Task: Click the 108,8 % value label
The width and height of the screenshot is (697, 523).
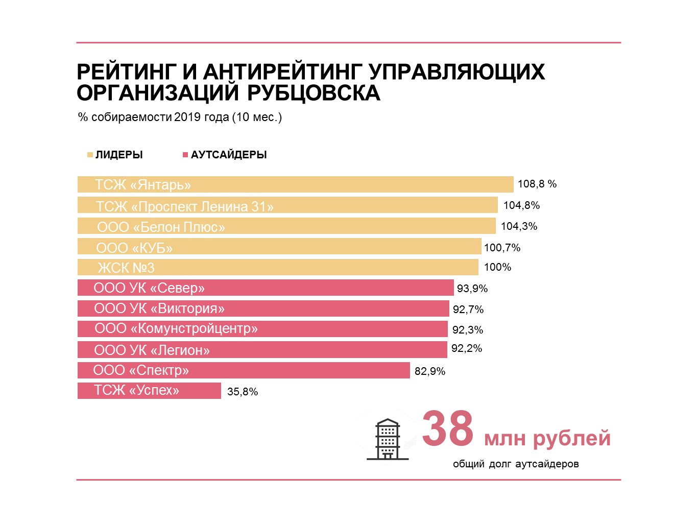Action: point(537,184)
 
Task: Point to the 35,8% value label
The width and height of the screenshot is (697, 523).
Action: point(243,392)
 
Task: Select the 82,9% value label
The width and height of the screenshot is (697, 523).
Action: point(429,371)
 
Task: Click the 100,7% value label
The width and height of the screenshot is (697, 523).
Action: point(502,248)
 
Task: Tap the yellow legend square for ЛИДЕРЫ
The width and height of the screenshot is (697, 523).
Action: point(90,155)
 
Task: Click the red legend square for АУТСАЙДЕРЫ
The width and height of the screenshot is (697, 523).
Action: point(185,155)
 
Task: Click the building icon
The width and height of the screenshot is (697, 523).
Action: point(388,440)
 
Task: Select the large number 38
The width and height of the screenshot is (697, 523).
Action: point(448,429)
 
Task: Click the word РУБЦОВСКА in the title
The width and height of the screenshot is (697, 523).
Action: point(314,93)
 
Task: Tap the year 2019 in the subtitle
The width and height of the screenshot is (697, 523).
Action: point(187,117)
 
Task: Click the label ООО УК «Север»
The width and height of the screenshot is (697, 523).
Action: point(149,288)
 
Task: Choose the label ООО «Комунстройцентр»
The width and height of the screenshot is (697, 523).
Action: point(176,328)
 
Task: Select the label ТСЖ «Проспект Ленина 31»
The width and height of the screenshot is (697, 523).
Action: point(184,206)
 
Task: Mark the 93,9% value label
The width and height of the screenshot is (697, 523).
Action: point(472,289)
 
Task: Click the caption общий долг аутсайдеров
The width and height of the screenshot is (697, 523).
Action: point(516,464)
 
